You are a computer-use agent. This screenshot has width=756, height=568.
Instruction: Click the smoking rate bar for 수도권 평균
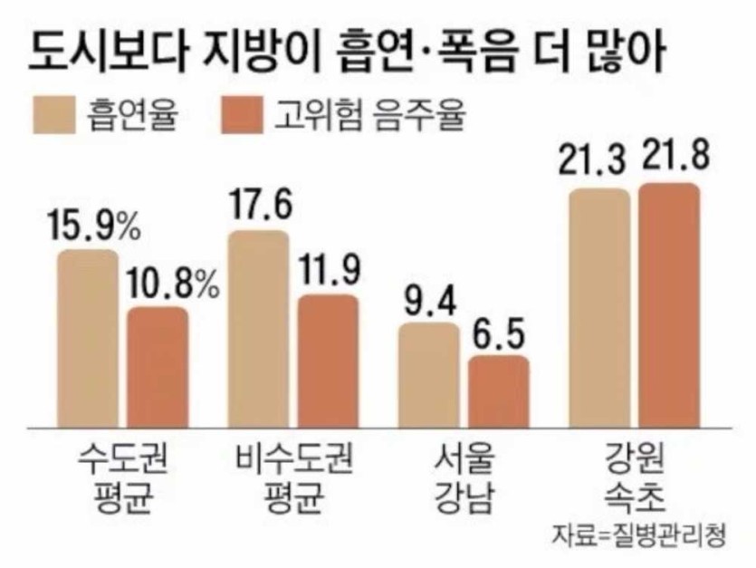tap(88, 337)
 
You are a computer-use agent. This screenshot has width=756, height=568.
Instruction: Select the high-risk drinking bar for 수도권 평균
tap(157, 366)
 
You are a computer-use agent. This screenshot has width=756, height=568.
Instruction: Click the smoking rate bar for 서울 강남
tap(428, 373)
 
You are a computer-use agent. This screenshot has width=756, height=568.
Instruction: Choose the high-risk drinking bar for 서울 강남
tap(497, 390)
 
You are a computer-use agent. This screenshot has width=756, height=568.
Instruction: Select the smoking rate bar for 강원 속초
tap(598, 307)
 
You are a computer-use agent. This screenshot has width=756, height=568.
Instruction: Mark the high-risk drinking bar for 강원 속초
tap(668, 304)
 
